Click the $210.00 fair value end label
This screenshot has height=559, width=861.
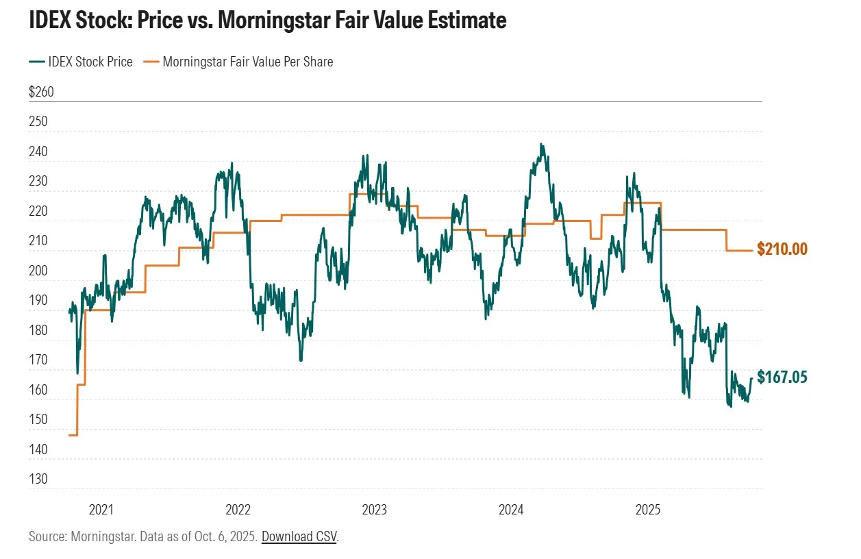pyautogui.click(x=782, y=249)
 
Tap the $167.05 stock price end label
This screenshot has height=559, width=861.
pyautogui.click(x=782, y=377)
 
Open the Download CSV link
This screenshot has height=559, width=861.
pyautogui.click(x=299, y=536)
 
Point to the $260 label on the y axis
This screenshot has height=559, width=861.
pyautogui.click(x=41, y=92)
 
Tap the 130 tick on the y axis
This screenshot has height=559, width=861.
pyautogui.click(x=38, y=480)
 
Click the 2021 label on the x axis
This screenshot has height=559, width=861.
pyautogui.click(x=101, y=510)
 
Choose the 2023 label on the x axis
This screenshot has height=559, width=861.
pyautogui.click(x=374, y=510)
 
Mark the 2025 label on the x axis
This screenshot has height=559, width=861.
pyautogui.click(x=647, y=510)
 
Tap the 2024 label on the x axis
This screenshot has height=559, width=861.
pyautogui.click(x=511, y=510)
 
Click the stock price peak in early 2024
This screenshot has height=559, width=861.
pyautogui.click(x=541, y=145)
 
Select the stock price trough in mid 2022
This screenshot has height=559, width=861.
pyautogui.click(x=301, y=360)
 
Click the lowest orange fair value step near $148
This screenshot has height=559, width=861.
pyautogui.click(x=73, y=435)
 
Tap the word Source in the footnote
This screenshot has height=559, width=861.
pyautogui.click(x=46, y=536)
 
